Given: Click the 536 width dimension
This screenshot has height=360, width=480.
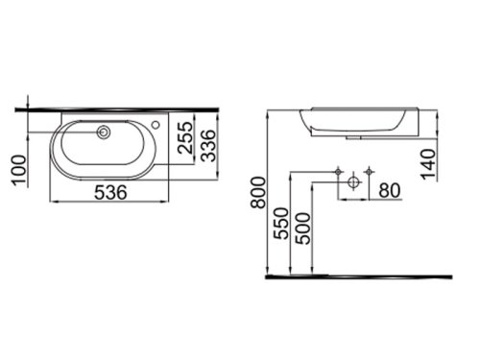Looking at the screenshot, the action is [x=110, y=192].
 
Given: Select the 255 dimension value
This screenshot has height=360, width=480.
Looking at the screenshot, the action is [x=186, y=137].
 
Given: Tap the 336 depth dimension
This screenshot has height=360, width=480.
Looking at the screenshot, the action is [x=209, y=145].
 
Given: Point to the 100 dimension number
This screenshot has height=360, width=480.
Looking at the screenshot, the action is [x=19, y=170].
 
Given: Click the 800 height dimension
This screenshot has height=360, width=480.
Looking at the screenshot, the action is [x=258, y=193].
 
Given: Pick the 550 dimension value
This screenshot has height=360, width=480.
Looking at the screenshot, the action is [x=281, y=224].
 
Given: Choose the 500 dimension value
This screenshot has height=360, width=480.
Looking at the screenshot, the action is [x=302, y=228].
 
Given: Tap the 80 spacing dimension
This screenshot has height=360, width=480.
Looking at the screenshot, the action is [x=390, y=191].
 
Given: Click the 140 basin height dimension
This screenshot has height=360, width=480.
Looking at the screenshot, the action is [x=429, y=164].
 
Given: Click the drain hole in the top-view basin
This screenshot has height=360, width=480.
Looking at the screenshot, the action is [x=104, y=132].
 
